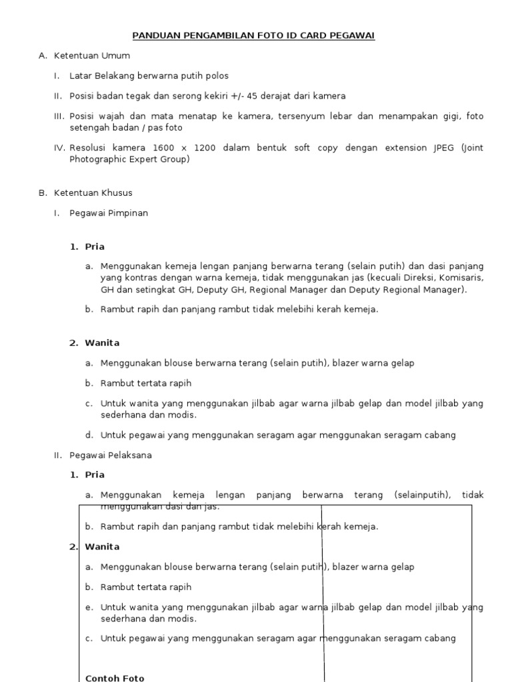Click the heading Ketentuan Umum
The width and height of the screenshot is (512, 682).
[x=92, y=56]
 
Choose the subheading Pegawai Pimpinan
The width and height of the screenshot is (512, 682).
[x=109, y=213]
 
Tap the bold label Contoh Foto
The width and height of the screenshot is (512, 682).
[x=115, y=678]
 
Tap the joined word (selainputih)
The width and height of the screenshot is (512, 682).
[x=423, y=496]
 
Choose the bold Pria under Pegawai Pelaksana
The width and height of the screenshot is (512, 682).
[x=95, y=475]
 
